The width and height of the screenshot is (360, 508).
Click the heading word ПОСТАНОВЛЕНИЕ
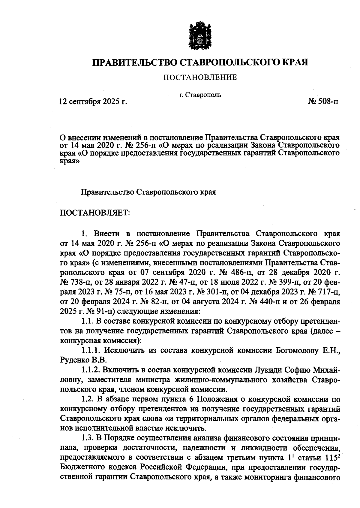click(200, 78)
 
